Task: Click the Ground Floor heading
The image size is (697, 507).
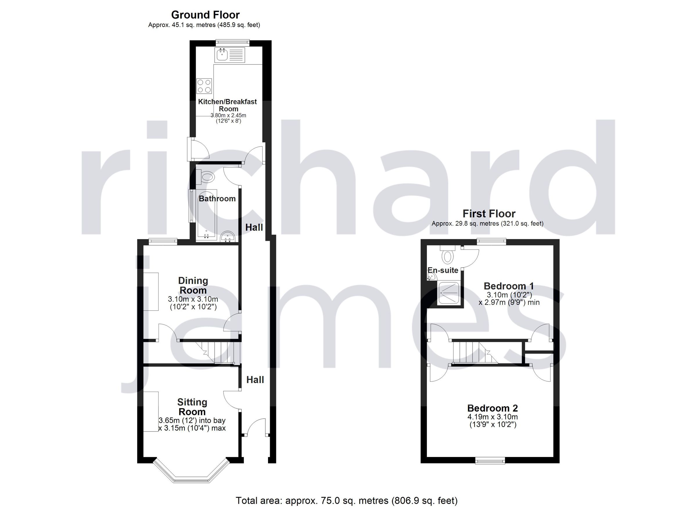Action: tap(205, 15)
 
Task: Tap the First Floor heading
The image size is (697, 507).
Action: tap(489, 213)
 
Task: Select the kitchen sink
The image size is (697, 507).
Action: tap(222, 55)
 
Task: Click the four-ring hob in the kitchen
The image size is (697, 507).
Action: tap(204, 86)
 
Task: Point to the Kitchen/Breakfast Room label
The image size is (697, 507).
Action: tap(227, 105)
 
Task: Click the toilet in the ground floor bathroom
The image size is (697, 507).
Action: tap(207, 177)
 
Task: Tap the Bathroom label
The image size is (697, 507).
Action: tap(217, 199)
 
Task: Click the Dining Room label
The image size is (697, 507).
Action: tap(193, 285)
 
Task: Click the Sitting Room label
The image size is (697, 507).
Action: tap(192, 407)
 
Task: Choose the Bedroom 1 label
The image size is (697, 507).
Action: tap(509, 286)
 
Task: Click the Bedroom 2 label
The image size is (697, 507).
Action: tap(492, 408)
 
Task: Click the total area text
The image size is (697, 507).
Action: tap(347, 501)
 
